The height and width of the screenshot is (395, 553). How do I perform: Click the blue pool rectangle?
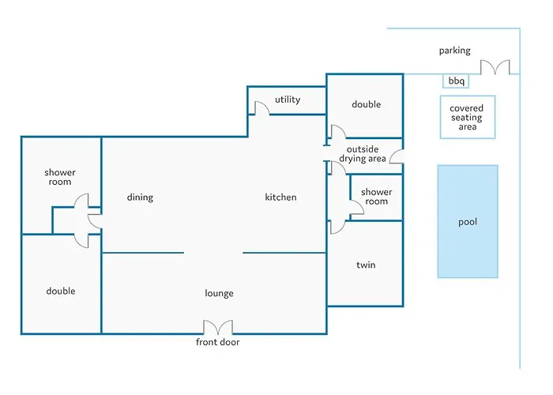[x=468, y=221]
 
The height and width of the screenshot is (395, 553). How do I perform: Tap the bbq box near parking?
[x=456, y=81]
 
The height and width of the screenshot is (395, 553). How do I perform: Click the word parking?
[x=454, y=51]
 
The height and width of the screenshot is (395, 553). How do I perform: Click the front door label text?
[x=218, y=342]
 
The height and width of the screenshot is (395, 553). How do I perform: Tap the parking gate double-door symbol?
[x=497, y=68]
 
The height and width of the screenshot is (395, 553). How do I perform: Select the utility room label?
[x=288, y=100]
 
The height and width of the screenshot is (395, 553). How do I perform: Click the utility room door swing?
[x=261, y=108]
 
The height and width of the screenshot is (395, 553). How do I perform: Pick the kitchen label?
[x=280, y=197]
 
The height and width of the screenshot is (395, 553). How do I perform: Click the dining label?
[x=140, y=197]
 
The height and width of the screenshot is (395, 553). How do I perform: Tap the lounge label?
[x=219, y=293]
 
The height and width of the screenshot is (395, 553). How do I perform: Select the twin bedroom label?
[x=366, y=265]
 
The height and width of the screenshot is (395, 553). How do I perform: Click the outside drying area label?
[x=363, y=154]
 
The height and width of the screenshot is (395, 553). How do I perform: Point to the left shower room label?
[x=59, y=177]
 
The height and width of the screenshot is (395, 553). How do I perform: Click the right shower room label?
[x=376, y=197]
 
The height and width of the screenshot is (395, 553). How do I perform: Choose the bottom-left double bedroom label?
[x=60, y=291]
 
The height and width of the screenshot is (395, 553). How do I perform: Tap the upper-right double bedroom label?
[x=366, y=104]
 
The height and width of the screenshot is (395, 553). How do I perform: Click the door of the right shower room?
[x=355, y=205]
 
